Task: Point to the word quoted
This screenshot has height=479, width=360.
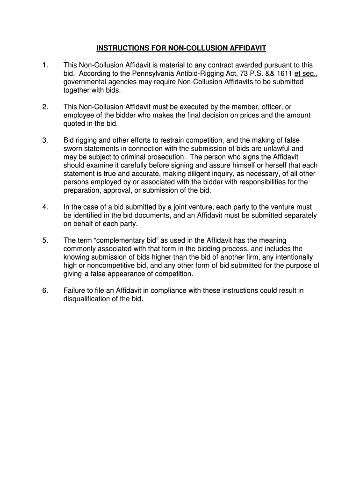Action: (75, 124)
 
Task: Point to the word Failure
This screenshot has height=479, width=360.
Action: (76, 290)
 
